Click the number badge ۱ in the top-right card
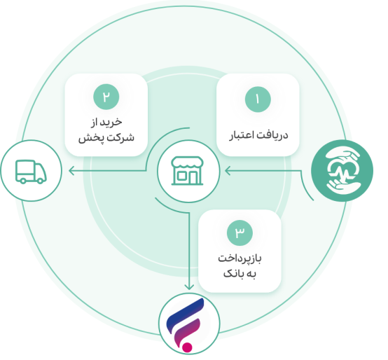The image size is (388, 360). pos(258,99)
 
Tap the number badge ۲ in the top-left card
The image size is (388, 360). pos(106,97)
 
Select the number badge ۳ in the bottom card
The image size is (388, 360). pos(240,233)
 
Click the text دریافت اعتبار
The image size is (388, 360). pos(258,135)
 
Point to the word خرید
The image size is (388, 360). pos(110,122)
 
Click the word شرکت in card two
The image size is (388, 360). pos(120,137)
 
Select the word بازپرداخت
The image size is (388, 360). pos(240,258)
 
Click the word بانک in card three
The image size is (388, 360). pos(233,274)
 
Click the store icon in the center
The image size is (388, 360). pos(187,171)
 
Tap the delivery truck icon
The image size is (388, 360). pos(31,172)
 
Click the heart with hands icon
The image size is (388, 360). pos(342,170)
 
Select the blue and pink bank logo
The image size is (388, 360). pos(186,324)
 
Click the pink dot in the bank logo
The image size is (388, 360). pos(187,347)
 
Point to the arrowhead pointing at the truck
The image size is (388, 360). pos(71,171)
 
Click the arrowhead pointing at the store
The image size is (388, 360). pos(228,171)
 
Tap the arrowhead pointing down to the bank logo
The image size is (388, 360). pos(189,287)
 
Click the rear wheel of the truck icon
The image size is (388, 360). pos(40,181)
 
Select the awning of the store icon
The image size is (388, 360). pos(187,162)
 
